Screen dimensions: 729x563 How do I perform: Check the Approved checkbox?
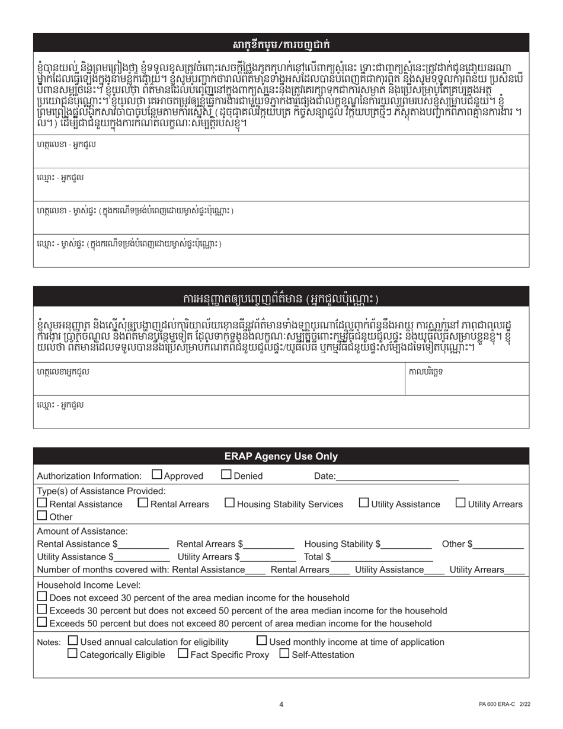[x=157, y=475]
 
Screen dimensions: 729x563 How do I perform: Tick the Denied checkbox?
[x=226, y=475]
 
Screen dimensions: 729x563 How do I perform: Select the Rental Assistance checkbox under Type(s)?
[x=42, y=503]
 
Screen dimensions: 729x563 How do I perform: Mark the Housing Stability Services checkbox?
[x=230, y=503]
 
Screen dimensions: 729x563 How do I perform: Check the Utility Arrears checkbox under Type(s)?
[x=460, y=503]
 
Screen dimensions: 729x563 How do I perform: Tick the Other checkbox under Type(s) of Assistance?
[x=42, y=516]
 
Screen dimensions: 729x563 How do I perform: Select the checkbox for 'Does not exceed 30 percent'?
[x=42, y=597]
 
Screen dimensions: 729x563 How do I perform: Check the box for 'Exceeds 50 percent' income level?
[x=42, y=622]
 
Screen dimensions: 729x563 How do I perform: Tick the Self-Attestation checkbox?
[x=284, y=654]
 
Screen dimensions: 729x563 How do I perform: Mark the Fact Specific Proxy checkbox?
[x=183, y=654]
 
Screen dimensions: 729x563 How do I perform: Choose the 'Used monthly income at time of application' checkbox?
[x=262, y=641]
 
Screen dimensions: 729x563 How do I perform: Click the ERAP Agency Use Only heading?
[x=281, y=456]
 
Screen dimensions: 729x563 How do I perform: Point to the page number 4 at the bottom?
[x=281, y=704]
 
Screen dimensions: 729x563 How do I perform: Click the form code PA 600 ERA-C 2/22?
[x=505, y=704]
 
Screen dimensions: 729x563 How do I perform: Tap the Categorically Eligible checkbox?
[x=72, y=654]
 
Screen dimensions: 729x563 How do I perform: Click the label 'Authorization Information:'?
[x=89, y=476]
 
